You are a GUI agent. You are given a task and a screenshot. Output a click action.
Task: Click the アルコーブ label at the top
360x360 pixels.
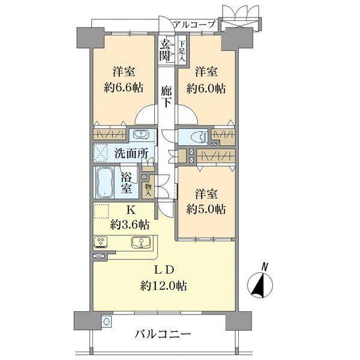[x=196, y=25]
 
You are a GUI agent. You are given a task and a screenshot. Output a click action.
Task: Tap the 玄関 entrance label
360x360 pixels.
[x=164, y=50]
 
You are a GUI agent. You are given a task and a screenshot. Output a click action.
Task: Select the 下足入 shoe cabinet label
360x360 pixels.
[x=182, y=50]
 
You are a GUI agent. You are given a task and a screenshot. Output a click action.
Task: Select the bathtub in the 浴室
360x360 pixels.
[x=106, y=181]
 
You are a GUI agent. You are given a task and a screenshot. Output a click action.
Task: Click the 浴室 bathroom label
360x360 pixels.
[x=127, y=182]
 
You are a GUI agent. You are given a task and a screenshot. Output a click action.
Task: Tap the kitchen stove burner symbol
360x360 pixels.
[x=100, y=243]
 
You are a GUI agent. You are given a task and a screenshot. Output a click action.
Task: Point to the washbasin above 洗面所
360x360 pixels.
[x=142, y=134]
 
